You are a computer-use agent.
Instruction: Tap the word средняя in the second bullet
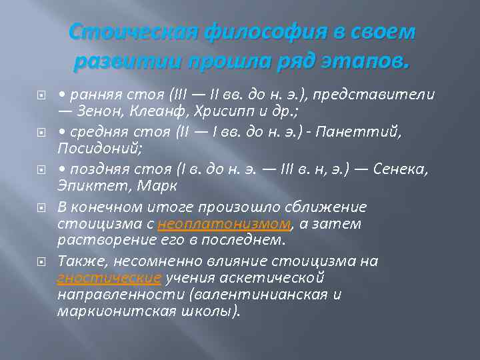[x=96, y=132]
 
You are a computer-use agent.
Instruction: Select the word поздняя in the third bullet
[x=97, y=169]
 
